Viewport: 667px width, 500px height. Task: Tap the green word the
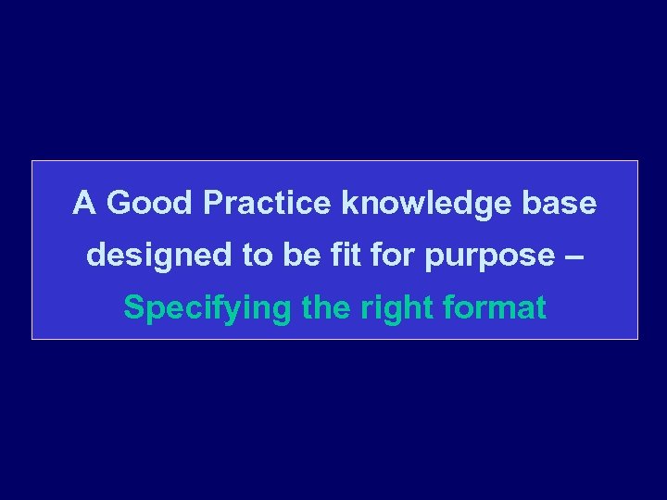pyautogui.click(x=325, y=307)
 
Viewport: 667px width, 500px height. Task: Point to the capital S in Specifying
pyautogui.click(x=133, y=307)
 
